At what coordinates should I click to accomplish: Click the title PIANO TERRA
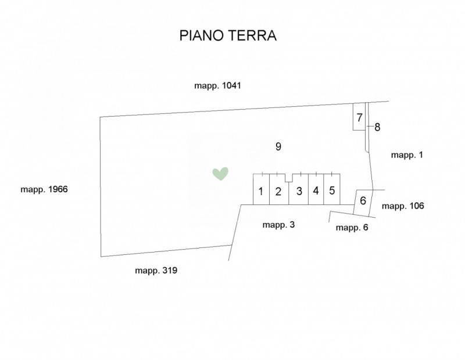tap(228, 35)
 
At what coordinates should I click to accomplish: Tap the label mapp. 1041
tap(217, 85)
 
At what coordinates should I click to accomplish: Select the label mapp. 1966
tap(44, 189)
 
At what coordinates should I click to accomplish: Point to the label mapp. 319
tap(156, 271)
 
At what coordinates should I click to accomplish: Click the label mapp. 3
tap(278, 225)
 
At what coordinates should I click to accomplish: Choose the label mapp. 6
tap(352, 228)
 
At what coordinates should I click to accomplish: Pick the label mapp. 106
tap(403, 206)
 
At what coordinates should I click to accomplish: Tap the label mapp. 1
tap(407, 155)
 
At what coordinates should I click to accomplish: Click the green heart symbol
tap(220, 174)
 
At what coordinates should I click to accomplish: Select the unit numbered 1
tap(261, 189)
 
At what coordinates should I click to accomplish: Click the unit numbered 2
tap(279, 189)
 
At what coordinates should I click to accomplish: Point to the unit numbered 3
tap(299, 189)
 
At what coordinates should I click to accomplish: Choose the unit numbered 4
tap(316, 189)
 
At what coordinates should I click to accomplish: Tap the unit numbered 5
tap(332, 189)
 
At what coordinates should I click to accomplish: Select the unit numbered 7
tap(359, 117)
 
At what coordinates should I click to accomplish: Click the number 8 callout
tap(377, 127)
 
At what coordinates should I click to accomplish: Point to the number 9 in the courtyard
tap(278, 146)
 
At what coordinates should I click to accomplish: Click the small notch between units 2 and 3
tap(289, 178)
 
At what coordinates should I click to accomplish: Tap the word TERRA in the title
tap(252, 35)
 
